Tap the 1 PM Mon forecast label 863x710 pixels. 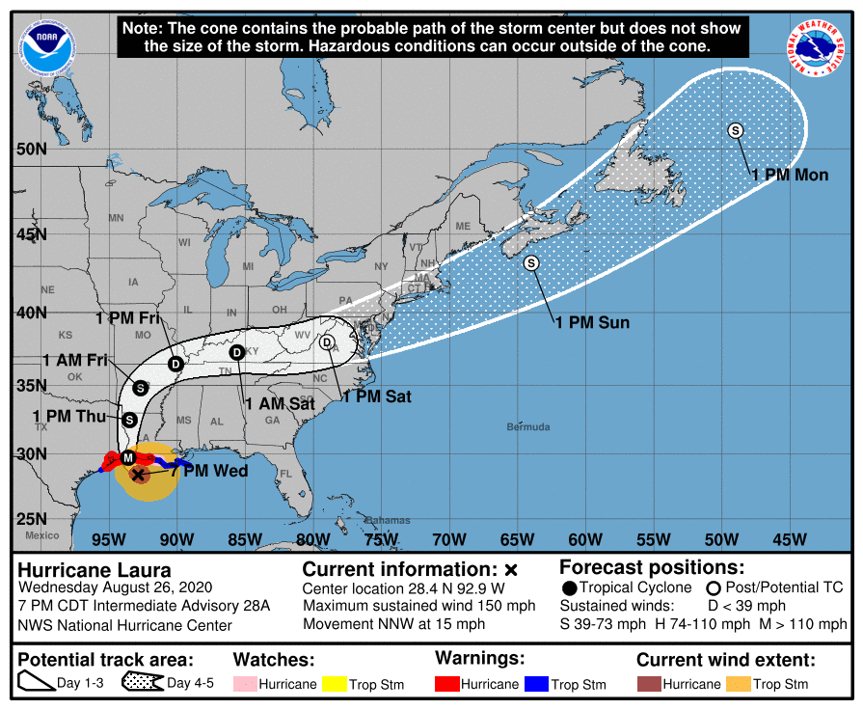click(790, 175)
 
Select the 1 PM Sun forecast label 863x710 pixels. click(592, 322)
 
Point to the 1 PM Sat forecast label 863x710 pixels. click(377, 396)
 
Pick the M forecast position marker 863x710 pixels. click(127, 457)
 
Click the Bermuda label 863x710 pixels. click(528, 426)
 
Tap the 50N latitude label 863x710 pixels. click(31, 150)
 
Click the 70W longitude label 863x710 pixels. click(449, 538)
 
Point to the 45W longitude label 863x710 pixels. click(791, 538)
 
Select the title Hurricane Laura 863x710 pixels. click(94, 570)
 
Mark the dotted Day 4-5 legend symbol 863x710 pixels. click(142, 684)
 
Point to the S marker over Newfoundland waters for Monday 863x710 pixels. click(736, 130)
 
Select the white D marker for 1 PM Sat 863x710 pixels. click(327, 342)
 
